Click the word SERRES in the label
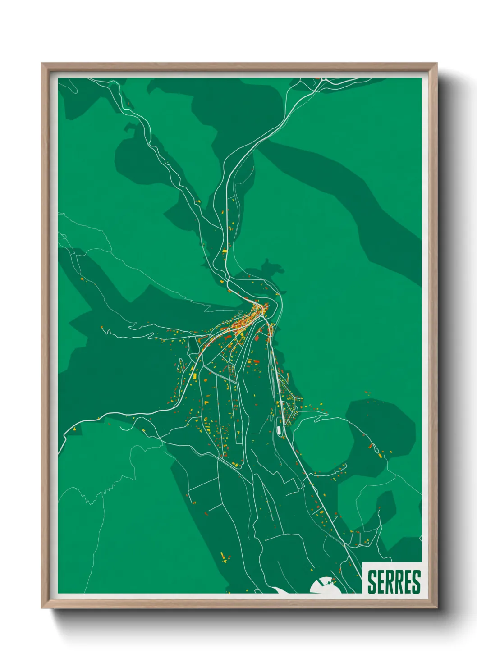click(x=394, y=581)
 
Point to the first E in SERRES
click(x=381, y=581)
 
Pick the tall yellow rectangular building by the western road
click(x=194, y=374)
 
